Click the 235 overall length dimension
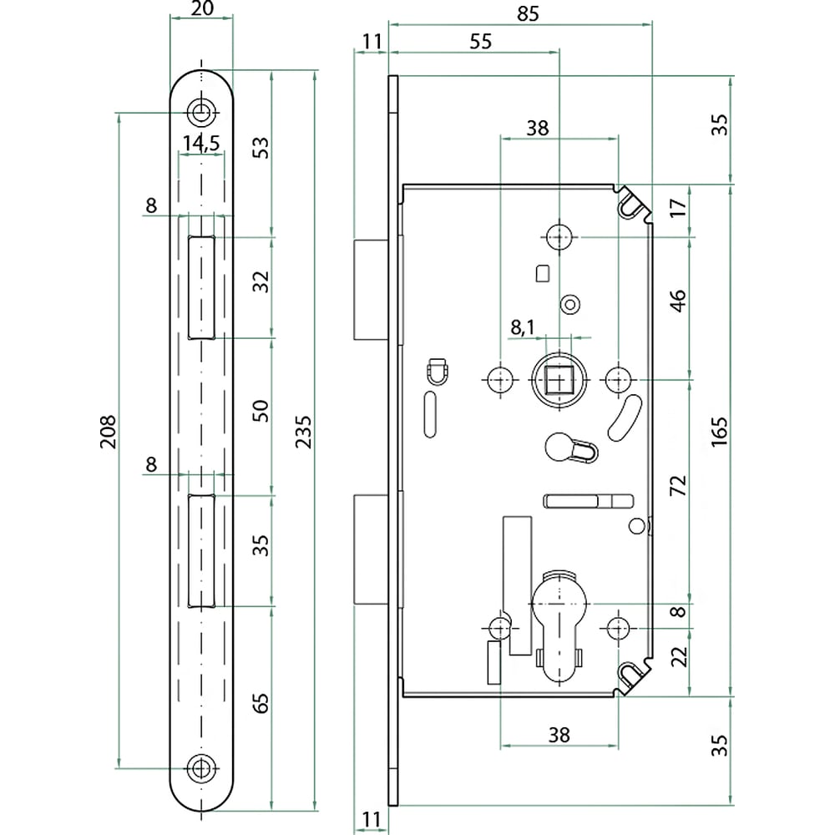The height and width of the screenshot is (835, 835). [x=304, y=432]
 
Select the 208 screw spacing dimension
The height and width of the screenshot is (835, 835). [x=108, y=432]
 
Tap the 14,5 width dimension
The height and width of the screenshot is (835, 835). [x=201, y=144]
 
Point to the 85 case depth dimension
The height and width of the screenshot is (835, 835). [x=528, y=14]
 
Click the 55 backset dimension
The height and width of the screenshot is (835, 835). [x=480, y=42]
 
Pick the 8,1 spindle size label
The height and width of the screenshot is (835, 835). [x=523, y=327]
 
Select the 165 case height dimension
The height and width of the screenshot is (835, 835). [x=719, y=432]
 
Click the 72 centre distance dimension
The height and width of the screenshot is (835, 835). [x=678, y=486]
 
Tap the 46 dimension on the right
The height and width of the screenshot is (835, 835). [x=678, y=301]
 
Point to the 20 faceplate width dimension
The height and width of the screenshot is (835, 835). [x=202, y=8]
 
